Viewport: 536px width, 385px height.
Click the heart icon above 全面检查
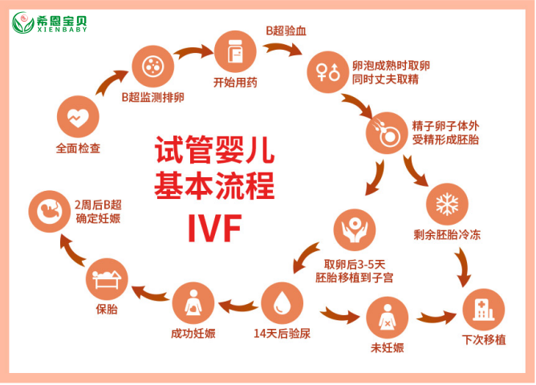coord(78,117)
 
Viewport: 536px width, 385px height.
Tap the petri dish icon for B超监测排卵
coord(152,67)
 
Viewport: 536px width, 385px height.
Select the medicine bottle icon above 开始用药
coord(235,51)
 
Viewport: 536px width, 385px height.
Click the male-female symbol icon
coord(328,72)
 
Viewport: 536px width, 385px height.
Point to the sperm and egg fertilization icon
coord(387,133)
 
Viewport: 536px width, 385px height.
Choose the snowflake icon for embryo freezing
coord(447,205)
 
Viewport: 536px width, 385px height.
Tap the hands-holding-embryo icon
coord(355,230)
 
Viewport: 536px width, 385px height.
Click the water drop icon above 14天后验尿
coord(282,303)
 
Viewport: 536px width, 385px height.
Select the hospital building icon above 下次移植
coord(483,310)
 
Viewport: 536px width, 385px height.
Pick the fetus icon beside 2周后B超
coord(49,212)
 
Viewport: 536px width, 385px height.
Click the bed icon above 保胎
coord(107,279)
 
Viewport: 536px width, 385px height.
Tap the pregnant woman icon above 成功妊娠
coord(193,303)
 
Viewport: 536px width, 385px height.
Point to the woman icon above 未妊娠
coord(387,318)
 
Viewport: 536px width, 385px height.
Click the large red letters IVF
coord(215,229)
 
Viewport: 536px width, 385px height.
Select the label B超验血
coord(286,31)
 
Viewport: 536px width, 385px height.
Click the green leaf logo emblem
coord(23,23)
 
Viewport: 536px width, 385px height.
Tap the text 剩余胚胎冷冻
coord(447,235)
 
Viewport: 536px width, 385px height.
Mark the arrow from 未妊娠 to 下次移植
coord(437,317)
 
